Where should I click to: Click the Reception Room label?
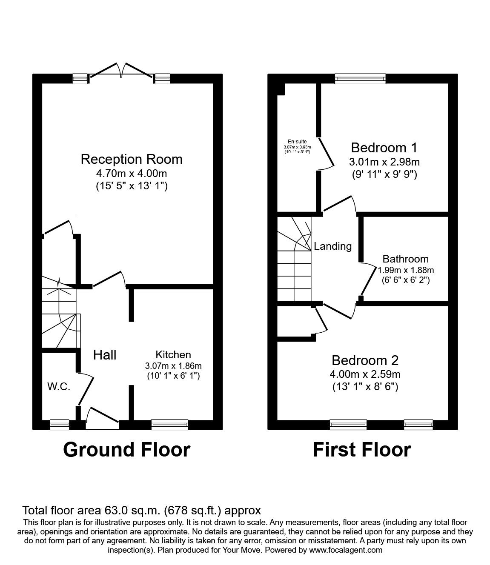pos(132,160)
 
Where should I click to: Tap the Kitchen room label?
pos(173,354)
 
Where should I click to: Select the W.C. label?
pos(59,387)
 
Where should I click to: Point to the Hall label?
pos(105,355)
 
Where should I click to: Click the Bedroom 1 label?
pos(384,148)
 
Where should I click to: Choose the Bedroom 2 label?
pos(365,360)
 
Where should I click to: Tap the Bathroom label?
pos(405,259)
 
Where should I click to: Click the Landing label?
pos(333,246)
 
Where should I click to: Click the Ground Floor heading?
pos(126,449)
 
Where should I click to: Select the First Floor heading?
pos(362,449)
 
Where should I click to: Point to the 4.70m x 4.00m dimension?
pos(132,174)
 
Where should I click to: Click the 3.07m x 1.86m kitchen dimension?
pos(173,365)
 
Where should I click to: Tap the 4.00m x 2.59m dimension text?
pos(365,374)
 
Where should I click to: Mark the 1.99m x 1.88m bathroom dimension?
pos(406,270)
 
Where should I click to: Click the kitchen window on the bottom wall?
pos(169,424)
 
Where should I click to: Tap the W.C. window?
pos(59,424)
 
